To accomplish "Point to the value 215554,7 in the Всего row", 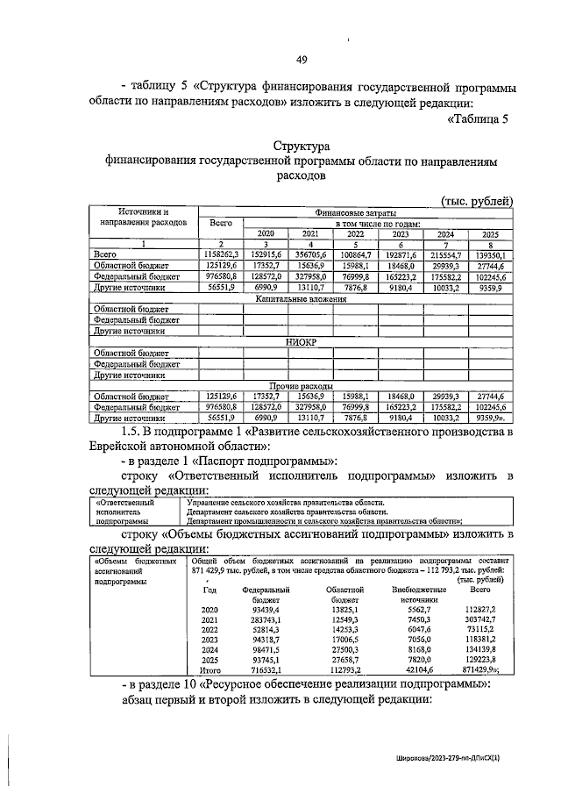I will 445,253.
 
